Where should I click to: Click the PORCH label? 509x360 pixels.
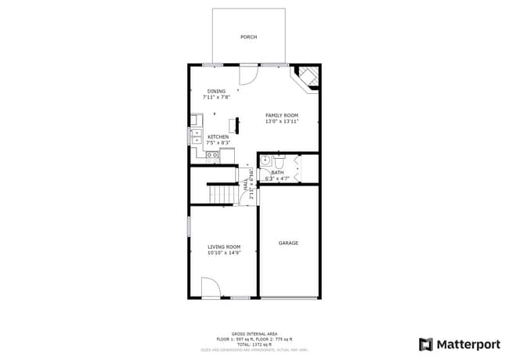[x=248, y=37]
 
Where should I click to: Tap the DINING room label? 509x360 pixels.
[x=216, y=92]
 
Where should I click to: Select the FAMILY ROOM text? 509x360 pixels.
[x=282, y=115]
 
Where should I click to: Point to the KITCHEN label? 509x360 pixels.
[x=218, y=137]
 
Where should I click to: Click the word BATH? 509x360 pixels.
[x=277, y=172]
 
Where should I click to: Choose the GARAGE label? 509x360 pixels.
[x=288, y=243]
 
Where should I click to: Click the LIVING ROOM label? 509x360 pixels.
[x=223, y=247]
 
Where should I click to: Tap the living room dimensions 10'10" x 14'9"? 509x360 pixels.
[x=223, y=253]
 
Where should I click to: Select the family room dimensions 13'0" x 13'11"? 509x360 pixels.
[x=282, y=121]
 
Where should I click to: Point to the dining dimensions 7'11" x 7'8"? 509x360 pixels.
[x=216, y=98]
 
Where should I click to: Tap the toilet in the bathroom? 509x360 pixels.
[x=266, y=161]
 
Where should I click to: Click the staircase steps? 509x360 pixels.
[x=222, y=193]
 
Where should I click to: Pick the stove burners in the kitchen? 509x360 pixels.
[x=211, y=155]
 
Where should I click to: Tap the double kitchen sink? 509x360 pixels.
[x=195, y=138]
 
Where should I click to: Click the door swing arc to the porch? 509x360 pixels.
[x=247, y=74]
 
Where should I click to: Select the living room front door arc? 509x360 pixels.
[x=210, y=288]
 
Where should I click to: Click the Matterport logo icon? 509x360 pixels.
[x=426, y=344]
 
